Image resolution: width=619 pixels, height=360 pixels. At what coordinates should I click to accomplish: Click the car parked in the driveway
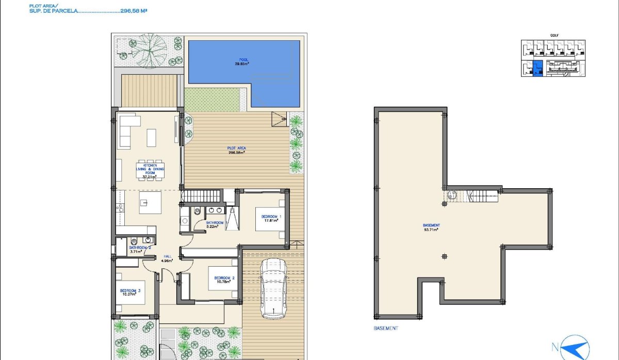click(273, 288)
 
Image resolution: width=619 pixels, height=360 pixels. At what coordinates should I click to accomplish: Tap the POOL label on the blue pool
click(243, 60)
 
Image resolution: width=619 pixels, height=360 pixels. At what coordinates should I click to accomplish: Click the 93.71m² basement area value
click(431, 230)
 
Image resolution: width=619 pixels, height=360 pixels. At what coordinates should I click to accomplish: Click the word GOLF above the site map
click(555, 36)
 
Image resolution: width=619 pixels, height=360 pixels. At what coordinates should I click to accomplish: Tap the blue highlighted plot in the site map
click(537, 69)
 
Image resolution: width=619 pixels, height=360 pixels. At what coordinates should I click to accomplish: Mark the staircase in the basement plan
click(482, 195)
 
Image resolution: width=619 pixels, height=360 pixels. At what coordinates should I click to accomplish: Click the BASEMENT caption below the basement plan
click(386, 328)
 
